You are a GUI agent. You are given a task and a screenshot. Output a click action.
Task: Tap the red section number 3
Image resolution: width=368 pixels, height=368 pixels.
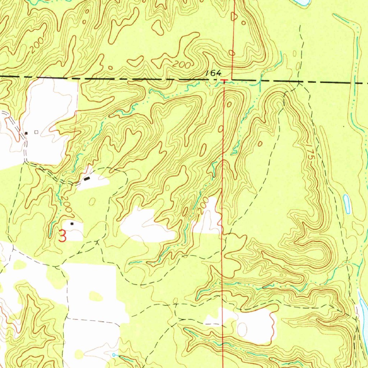pos(62,236)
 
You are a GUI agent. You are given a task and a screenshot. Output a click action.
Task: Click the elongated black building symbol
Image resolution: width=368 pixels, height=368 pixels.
pos(87,179)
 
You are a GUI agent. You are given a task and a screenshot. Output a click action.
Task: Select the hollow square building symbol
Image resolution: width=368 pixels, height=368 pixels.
pos(36,132)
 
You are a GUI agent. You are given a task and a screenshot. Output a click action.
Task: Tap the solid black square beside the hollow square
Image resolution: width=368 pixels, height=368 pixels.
pos(26,133)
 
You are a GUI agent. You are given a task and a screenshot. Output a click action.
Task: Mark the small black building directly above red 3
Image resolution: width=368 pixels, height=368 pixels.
pos(72,224)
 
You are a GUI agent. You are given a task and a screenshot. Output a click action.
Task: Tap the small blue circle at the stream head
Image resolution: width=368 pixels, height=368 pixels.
pos(114,355)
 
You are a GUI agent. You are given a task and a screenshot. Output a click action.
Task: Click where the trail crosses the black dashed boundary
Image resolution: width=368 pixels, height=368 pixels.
pos(299,82)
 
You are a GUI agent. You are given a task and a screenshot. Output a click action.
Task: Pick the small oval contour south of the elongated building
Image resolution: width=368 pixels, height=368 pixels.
pos(92,202)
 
